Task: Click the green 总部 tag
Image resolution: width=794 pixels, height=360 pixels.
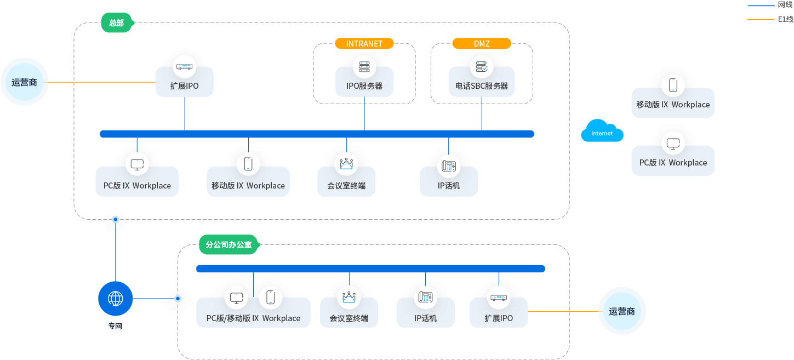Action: [x=116, y=23]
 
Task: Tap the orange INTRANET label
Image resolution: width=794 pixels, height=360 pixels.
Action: [x=364, y=43]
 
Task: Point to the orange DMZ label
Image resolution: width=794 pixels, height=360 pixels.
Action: [x=482, y=43]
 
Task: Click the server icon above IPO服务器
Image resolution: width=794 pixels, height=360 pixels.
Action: [x=364, y=67]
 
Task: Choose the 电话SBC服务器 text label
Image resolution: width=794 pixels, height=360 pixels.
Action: [x=482, y=86]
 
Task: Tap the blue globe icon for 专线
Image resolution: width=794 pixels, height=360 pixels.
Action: [x=116, y=299]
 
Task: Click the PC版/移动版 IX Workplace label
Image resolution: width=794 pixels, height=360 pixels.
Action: [x=253, y=318]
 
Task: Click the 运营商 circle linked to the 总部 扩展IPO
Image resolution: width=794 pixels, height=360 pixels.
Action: [x=25, y=82]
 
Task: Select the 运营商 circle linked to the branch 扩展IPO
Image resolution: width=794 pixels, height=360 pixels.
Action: [x=622, y=311]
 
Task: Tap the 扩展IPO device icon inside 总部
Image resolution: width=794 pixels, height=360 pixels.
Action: [x=184, y=67]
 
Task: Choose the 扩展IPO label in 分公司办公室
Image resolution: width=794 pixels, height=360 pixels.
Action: [x=499, y=318]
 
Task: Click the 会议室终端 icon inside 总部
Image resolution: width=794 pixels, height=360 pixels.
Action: [x=346, y=163]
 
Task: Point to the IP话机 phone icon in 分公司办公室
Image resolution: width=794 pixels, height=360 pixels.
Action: [x=425, y=297]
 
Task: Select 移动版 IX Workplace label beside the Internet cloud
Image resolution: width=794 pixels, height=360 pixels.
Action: [x=673, y=105]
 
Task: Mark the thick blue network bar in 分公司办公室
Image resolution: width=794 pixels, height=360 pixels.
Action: [x=370, y=268]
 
